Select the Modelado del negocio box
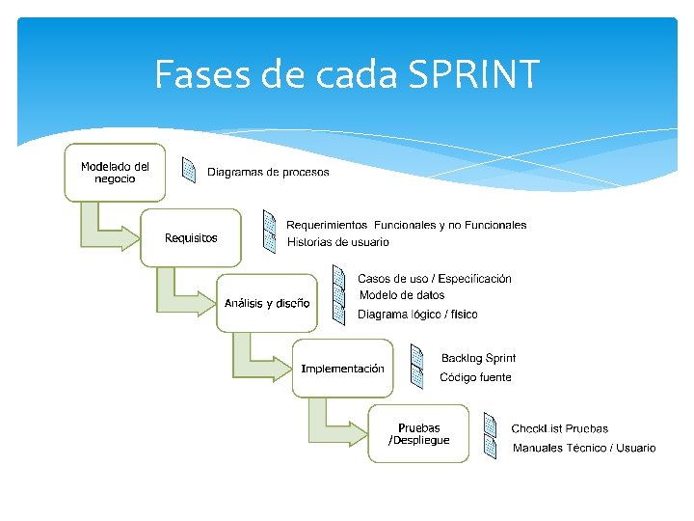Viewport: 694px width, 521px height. click(115, 172)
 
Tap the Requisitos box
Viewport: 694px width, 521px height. click(191, 237)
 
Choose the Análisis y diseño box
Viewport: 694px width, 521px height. click(267, 303)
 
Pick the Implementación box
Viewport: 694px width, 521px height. click(342, 369)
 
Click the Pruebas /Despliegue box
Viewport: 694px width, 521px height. click(418, 434)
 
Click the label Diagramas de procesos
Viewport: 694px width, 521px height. click(268, 173)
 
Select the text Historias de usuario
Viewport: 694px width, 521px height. click(337, 242)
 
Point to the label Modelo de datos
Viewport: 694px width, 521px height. click(402, 295)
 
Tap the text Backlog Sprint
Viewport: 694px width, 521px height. click(478, 359)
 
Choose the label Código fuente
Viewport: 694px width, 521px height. click(475, 377)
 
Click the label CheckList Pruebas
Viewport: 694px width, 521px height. click(559, 428)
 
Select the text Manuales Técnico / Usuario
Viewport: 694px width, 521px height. click(583, 448)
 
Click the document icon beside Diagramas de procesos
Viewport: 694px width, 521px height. click(190, 171)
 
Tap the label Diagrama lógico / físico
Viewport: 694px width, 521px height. click(417, 315)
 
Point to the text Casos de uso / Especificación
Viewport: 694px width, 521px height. click(434, 279)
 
